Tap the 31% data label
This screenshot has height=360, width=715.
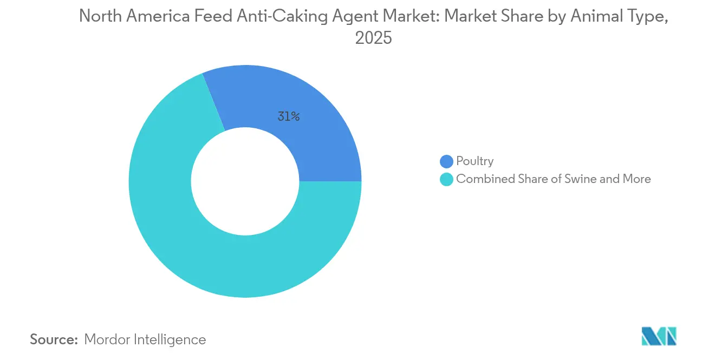(288, 116)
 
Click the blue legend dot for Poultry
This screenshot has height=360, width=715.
(446, 161)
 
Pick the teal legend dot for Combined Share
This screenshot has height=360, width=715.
(446, 179)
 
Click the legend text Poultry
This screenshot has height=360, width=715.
(474, 161)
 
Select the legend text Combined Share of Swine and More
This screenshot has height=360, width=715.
(553, 179)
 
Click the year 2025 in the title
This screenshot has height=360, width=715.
(373, 38)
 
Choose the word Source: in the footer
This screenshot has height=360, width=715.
(54, 339)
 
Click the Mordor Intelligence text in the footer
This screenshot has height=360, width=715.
(145, 339)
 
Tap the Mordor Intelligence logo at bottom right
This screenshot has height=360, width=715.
(659, 336)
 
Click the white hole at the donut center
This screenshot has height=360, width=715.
(245, 181)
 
